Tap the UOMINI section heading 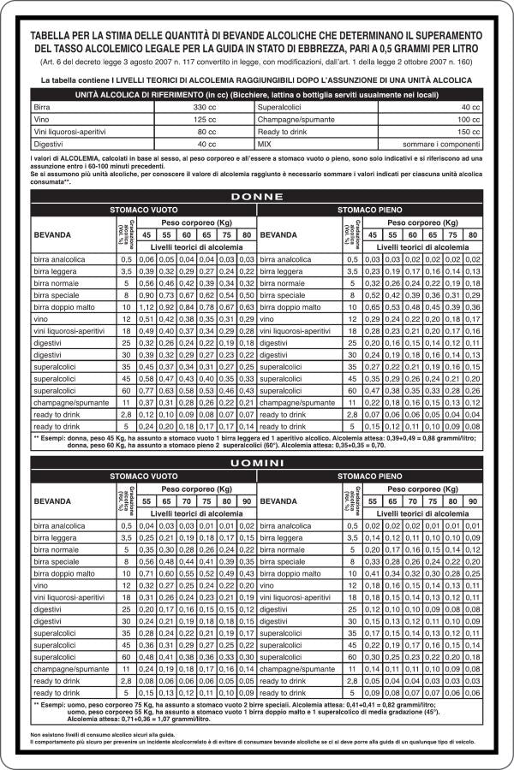pyautogui.click(x=256, y=462)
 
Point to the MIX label pyautogui.click(x=266, y=145)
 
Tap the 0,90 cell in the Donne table pyautogui.click(x=146, y=294)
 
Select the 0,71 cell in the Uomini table pyautogui.click(x=146, y=572)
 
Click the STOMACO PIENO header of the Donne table pyautogui.click(x=368, y=209)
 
